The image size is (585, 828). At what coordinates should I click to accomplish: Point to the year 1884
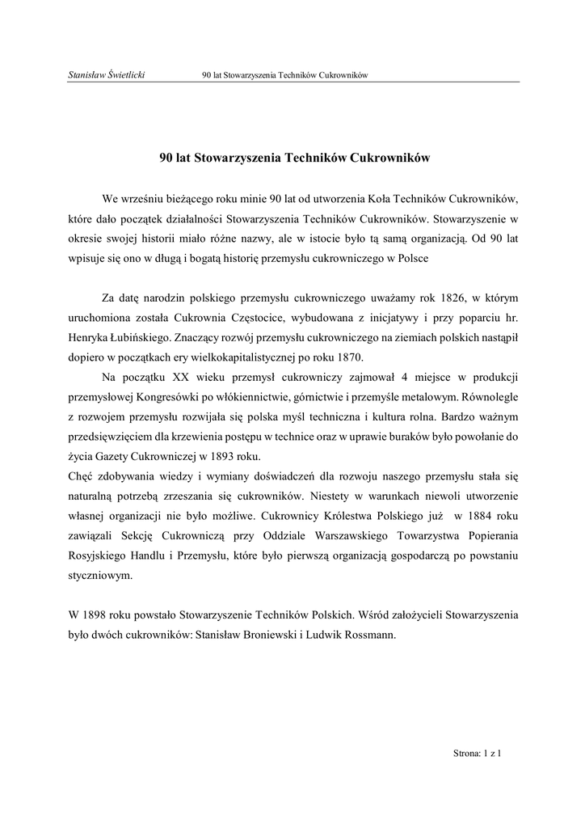pos(481,516)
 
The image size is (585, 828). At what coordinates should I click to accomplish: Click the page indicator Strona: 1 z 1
pos(478,754)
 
